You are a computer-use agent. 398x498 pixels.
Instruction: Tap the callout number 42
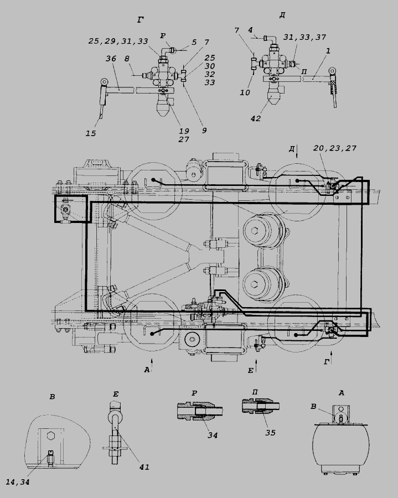(x=255, y=117)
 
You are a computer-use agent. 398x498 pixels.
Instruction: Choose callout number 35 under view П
(x=270, y=433)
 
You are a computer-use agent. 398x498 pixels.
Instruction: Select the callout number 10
(x=246, y=92)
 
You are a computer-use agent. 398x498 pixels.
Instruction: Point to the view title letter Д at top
(x=282, y=15)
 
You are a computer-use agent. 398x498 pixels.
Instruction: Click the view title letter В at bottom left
(x=52, y=397)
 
